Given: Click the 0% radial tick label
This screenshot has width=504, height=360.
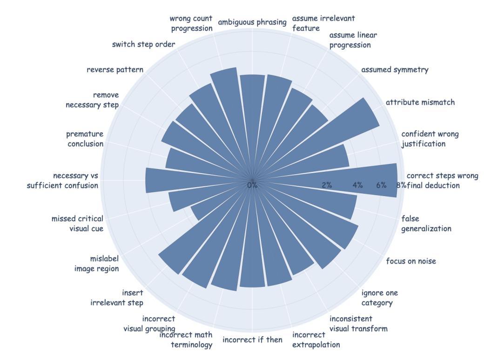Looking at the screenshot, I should tap(252, 185).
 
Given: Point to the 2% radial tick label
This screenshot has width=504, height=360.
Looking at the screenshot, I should tap(327, 185).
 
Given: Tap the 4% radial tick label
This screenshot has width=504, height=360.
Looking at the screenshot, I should tap(357, 185).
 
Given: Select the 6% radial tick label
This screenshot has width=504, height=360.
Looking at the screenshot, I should tap(381, 185).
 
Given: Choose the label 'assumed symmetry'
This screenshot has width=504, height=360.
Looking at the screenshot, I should tap(395, 70).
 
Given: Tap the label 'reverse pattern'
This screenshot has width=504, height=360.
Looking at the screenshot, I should tap(115, 70).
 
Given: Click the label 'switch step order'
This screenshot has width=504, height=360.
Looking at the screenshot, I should tap(143, 45).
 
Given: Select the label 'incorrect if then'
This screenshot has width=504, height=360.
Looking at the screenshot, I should tap(252, 340).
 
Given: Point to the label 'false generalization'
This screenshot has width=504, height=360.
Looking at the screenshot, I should tap(426, 223).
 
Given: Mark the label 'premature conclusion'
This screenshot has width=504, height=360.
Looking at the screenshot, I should tap(85, 139).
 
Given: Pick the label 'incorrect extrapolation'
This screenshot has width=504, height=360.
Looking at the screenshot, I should tap(316, 340).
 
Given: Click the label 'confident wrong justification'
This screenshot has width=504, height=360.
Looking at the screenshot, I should tap(430, 139).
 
